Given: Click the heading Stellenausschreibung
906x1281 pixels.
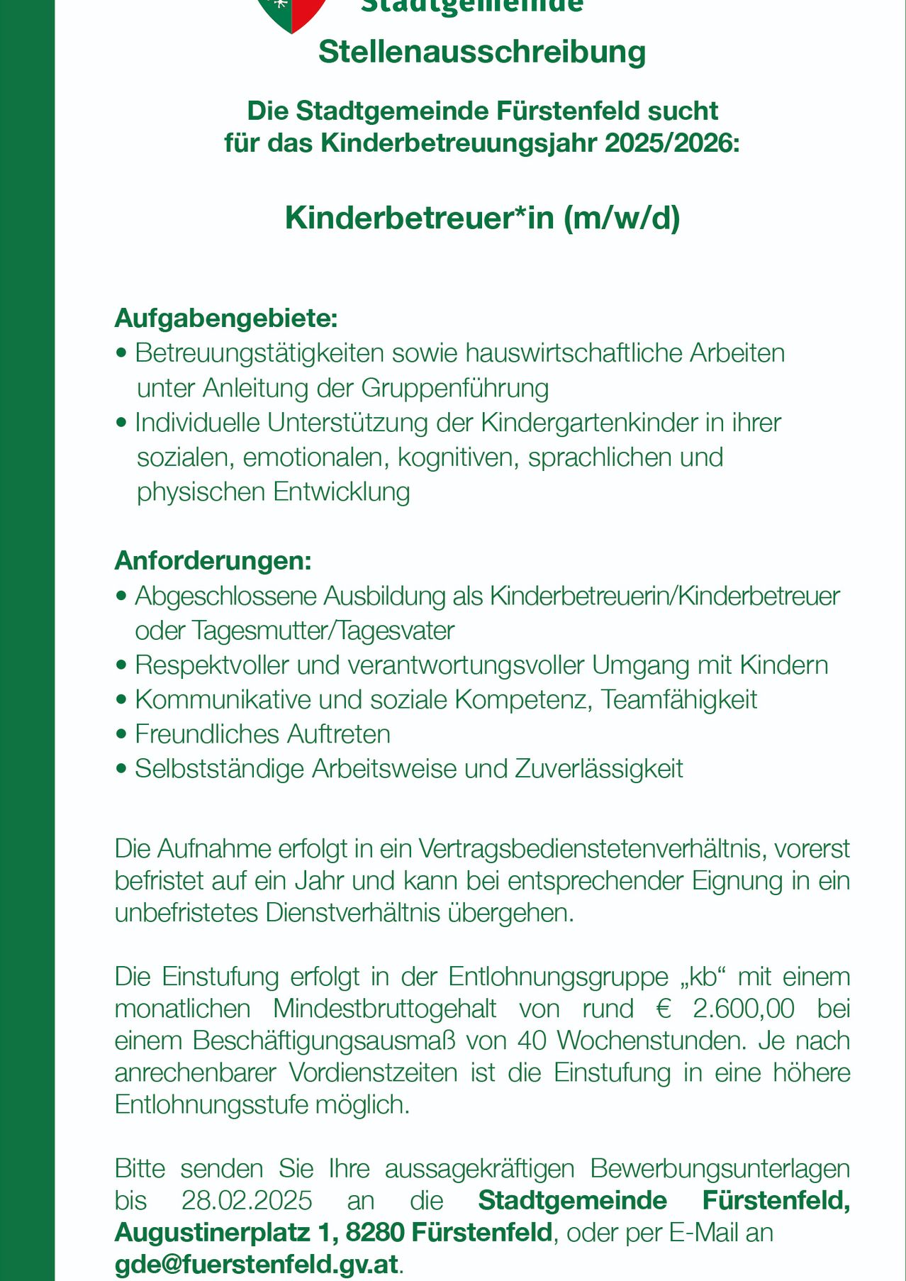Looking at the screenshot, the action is [482, 52].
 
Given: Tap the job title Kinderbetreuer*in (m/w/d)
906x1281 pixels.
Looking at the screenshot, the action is [482, 218].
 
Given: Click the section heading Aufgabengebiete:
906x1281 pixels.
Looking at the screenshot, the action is [226, 318].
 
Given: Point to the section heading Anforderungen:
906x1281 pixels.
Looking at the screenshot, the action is [213, 561].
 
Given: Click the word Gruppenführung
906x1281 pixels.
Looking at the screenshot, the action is [455, 388].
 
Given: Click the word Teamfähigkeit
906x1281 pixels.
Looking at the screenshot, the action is [679, 699].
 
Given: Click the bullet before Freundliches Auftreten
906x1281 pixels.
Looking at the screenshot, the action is [121, 734].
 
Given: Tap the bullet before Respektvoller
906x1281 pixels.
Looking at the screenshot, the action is [121, 665].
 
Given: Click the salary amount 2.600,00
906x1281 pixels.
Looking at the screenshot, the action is [744, 1009].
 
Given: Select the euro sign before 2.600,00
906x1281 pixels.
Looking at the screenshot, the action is [664, 1009].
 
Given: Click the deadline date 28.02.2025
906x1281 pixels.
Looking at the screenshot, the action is [247, 1200].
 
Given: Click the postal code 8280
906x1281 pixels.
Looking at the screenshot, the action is [375, 1233].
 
